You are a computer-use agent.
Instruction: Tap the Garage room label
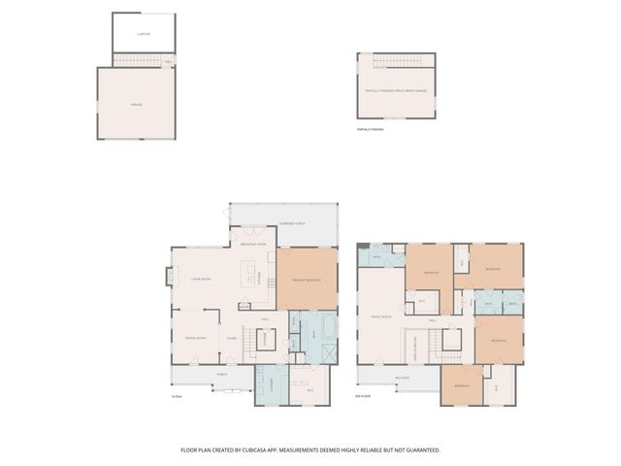coord(136,102)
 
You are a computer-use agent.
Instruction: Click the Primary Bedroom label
coord(306,281)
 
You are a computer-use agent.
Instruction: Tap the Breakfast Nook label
coord(253,245)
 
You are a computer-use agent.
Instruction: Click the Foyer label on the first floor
coord(232,338)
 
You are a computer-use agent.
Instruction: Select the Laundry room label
coord(273,383)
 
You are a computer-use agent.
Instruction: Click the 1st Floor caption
coord(177,395)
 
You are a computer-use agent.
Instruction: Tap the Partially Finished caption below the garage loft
coord(371,128)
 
